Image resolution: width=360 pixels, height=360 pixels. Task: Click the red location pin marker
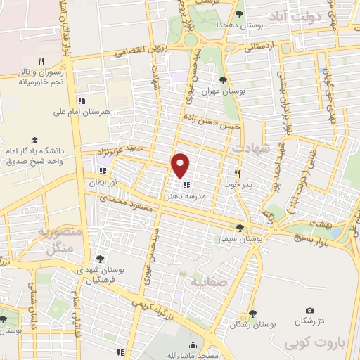pyautogui.click(x=181, y=165)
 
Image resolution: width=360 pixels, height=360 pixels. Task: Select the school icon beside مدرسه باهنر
pyautogui.click(x=186, y=186)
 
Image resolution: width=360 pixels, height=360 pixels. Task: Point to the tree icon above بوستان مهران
pyautogui.click(x=223, y=79)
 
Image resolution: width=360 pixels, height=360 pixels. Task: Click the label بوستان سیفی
pyautogui.click(x=241, y=239)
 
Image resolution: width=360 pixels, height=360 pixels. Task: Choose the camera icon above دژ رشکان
pyautogui.click(x=309, y=310)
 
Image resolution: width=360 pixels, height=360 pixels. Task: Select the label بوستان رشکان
pyautogui.click(x=252, y=324)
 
